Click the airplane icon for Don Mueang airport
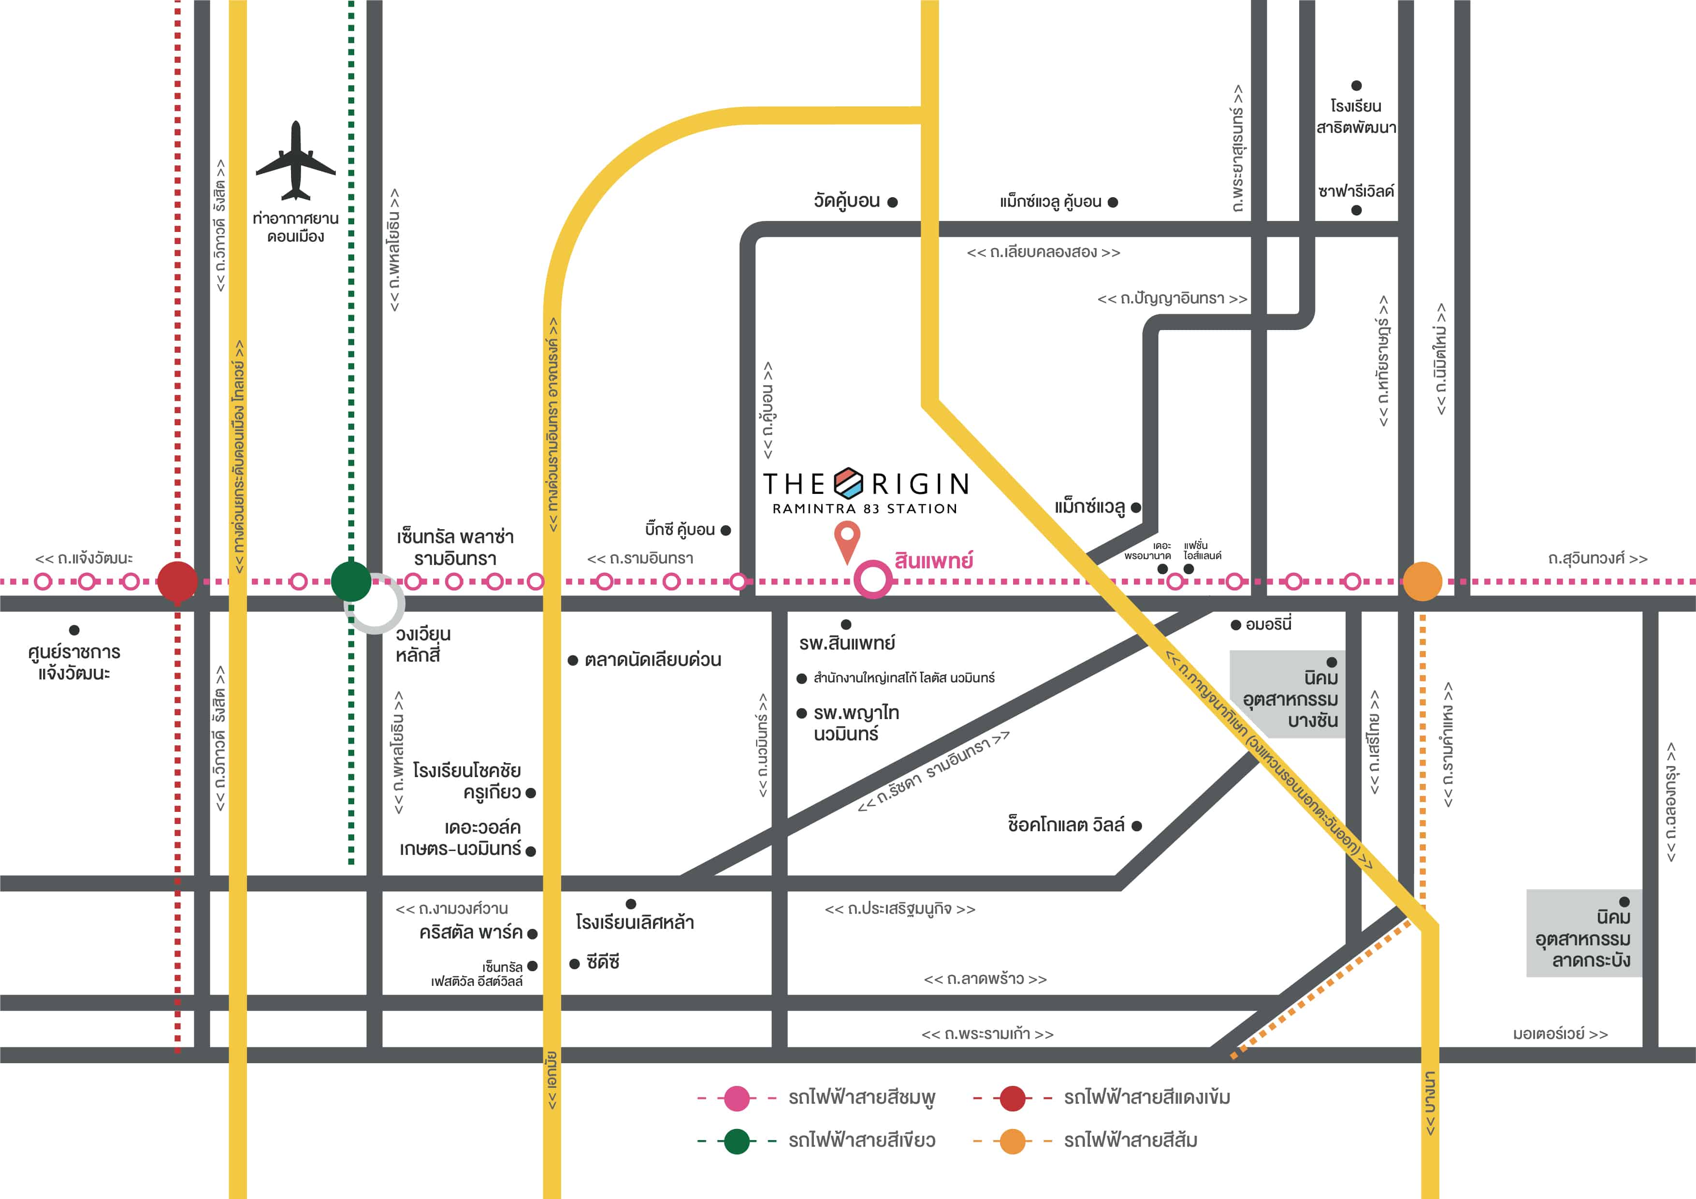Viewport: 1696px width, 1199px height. click(295, 160)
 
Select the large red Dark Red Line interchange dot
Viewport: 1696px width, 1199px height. click(177, 581)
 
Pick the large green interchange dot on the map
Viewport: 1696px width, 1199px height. click(351, 581)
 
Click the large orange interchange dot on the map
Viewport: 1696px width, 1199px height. click(1422, 581)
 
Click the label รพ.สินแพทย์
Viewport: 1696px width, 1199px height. click(846, 643)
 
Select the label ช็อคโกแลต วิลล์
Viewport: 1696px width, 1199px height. click(1066, 824)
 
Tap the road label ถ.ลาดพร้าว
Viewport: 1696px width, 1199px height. click(985, 979)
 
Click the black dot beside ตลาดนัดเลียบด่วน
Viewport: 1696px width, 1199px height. click(572, 661)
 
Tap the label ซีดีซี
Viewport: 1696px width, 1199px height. click(603, 962)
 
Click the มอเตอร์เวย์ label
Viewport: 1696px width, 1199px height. click(1560, 1034)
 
